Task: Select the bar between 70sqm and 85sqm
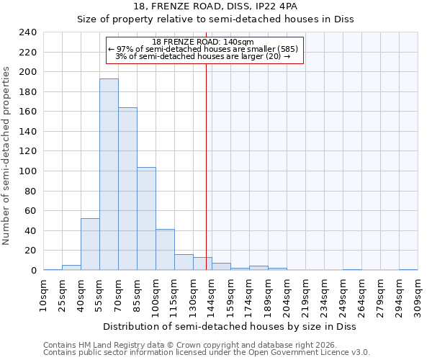pos(127,189)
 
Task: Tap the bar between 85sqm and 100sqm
pos(146,219)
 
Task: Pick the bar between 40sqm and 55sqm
pos(90,244)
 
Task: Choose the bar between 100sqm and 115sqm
pos(165,250)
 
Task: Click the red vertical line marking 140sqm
pos(206,166)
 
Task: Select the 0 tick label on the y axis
pos(33,271)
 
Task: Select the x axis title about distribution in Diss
pos(230,326)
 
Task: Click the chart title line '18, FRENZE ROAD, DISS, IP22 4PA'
pos(215,6)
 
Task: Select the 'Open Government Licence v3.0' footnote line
pos(207,352)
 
